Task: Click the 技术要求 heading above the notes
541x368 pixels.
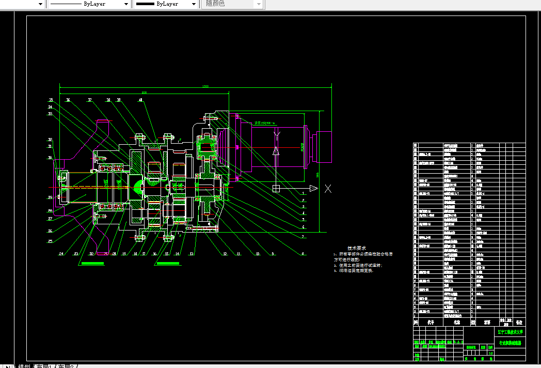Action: pos(356,249)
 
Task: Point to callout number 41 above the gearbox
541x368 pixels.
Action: pos(140,100)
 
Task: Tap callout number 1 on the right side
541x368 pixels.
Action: pos(304,193)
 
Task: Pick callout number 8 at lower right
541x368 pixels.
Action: pos(304,253)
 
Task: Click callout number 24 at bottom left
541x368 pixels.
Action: pos(61,254)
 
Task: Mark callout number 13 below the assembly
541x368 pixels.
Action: pos(192,254)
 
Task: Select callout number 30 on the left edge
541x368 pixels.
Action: pos(50,158)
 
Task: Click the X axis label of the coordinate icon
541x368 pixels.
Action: pos(328,189)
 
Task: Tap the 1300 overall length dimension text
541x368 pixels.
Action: pos(205,86)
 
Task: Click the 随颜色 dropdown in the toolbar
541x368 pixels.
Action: pos(232,4)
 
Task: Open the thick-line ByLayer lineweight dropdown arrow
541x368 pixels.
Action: pos(194,4)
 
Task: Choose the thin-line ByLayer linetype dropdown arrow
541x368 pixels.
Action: pos(126,4)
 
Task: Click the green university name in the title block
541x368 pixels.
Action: pos(510,332)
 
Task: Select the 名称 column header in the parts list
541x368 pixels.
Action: pos(456,321)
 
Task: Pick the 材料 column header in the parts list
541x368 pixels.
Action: pos(487,321)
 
